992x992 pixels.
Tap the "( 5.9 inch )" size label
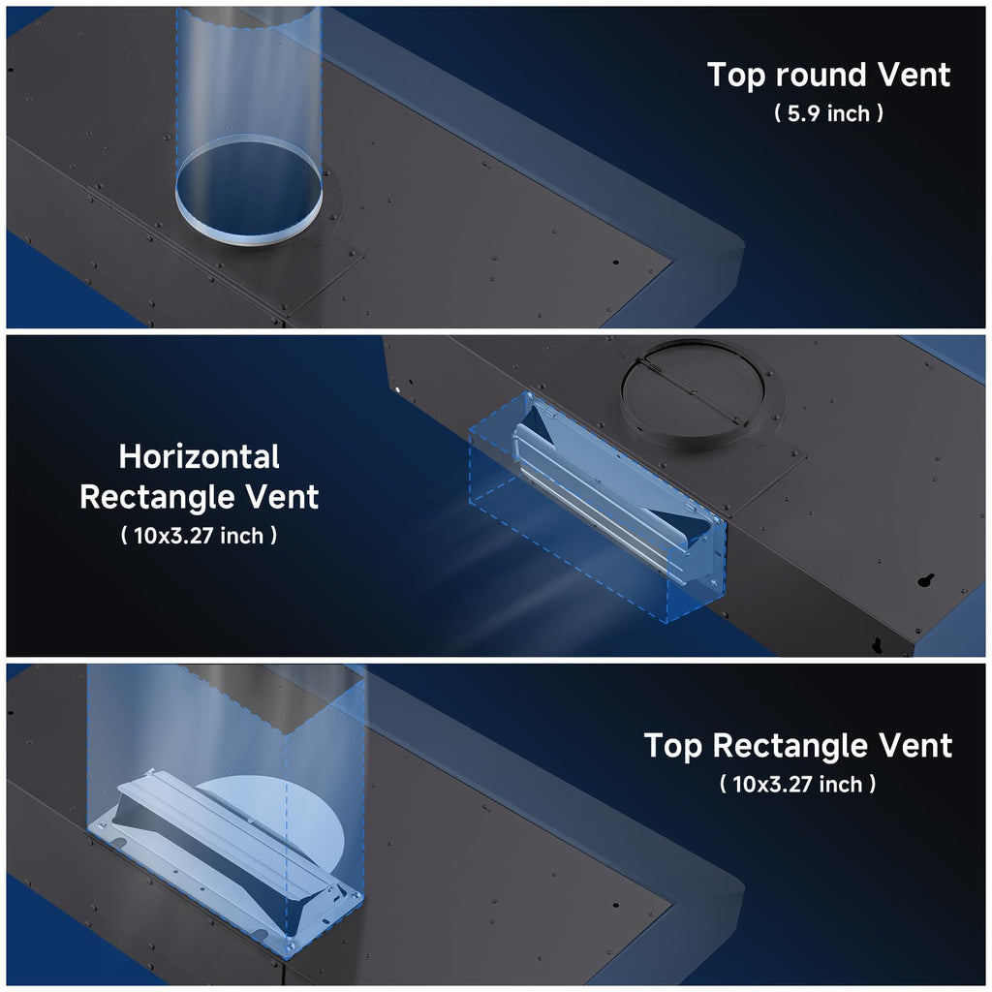tap(829, 113)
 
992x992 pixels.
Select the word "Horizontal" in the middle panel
tap(200, 456)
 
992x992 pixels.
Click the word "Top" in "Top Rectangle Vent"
tap(672, 746)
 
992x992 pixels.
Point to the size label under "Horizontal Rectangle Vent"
tap(199, 536)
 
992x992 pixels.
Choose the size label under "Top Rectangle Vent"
tap(798, 785)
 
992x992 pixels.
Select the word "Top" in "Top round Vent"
tap(736, 76)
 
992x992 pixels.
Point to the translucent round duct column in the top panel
tap(249, 127)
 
